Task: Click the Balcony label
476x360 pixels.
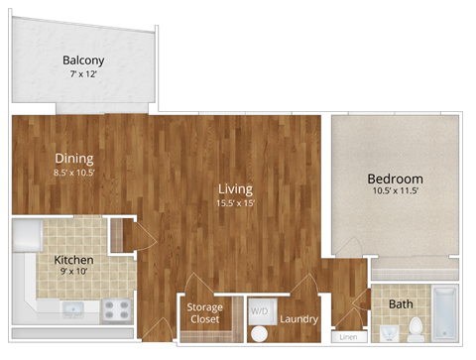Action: pyautogui.click(x=83, y=60)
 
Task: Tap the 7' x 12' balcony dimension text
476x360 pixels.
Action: pyautogui.click(x=83, y=74)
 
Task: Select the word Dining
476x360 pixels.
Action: pyautogui.click(x=74, y=158)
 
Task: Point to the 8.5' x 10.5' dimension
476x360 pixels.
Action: pyautogui.click(x=74, y=173)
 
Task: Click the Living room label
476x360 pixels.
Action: pyautogui.click(x=236, y=188)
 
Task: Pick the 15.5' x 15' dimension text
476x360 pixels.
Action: pyautogui.click(x=236, y=203)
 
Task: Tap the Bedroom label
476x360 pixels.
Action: pyautogui.click(x=395, y=179)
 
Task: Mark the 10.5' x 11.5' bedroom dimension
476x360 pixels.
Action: pyautogui.click(x=395, y=191)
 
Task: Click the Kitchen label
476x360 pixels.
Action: pyautogui.click(x=73, y=260)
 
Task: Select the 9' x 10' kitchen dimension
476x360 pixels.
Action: pyautogui.click(x=73, y=273)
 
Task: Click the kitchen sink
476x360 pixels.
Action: pyautogui.click(x=72, y=308)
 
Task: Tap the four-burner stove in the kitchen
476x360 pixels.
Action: pyautogui.click(x=117, y=308)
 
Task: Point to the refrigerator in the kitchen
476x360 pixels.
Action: pyautogui.click(x=26, y=237)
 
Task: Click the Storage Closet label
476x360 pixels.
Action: pyautogui.click(x=205, y=313)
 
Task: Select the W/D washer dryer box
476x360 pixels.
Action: pyautogui.click(x=259, y=310)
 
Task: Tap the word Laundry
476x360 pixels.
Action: pyautogui.click(x=298, y=319)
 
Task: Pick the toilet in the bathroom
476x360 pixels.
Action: pyautogui.click(x=416, y=326)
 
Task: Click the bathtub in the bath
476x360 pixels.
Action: pyautogui.click(x=444, y=311)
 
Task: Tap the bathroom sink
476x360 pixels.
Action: pyautogui.click(x=383, y=329)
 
